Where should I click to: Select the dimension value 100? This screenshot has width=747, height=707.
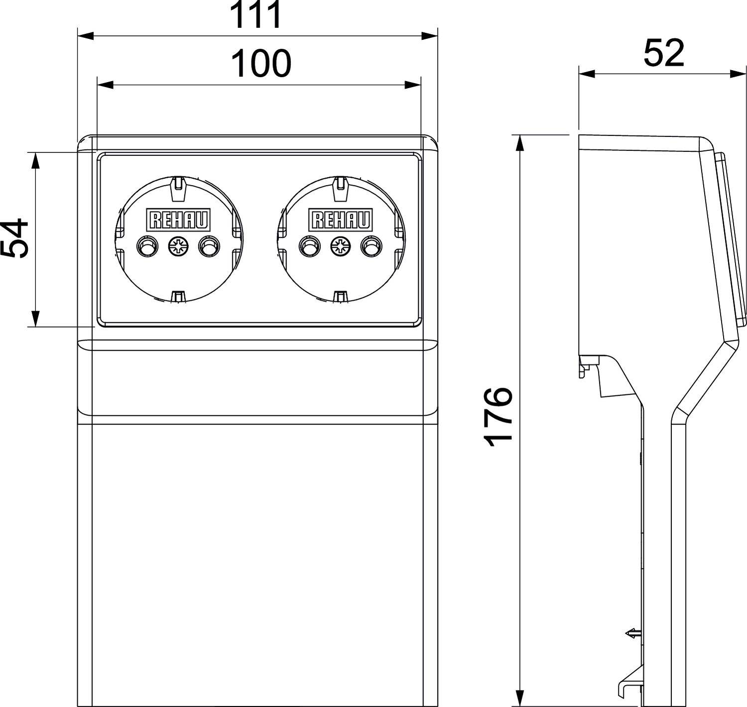(x=261, y=64)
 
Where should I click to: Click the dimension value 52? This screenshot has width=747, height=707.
(x=664, y=53)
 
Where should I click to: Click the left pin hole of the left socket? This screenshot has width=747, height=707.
(x=146, y=245)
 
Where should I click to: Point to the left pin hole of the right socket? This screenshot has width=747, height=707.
(x=308, y=245)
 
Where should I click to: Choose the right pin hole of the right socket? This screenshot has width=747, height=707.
(x=371, y=245)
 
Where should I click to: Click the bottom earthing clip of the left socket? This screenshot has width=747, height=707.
(x=177, y=296)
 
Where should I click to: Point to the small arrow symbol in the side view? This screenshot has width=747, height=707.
(x=632, y=634)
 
